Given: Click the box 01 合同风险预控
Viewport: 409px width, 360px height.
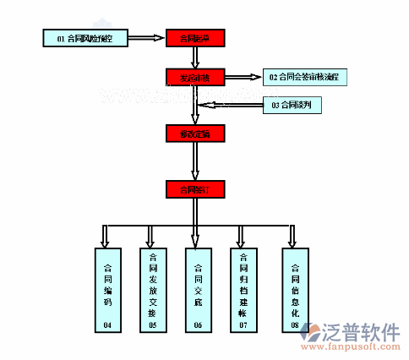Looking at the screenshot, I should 87,38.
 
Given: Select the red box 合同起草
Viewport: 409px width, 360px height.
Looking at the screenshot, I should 195,38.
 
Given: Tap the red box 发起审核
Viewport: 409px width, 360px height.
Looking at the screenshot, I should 195,77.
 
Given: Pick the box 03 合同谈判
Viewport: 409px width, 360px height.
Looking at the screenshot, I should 292,106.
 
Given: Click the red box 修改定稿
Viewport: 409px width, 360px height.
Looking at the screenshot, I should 195,134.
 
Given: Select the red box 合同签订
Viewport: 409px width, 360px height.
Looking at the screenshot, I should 195,189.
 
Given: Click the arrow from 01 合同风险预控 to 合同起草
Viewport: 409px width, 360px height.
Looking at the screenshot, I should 148,38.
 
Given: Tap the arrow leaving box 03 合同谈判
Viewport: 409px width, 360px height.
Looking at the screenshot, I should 232,106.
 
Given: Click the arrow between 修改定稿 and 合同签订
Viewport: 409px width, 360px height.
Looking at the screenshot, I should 195,161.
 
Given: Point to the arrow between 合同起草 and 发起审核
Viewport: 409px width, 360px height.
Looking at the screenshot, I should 195,57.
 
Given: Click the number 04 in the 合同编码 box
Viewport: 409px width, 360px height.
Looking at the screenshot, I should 107,325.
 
